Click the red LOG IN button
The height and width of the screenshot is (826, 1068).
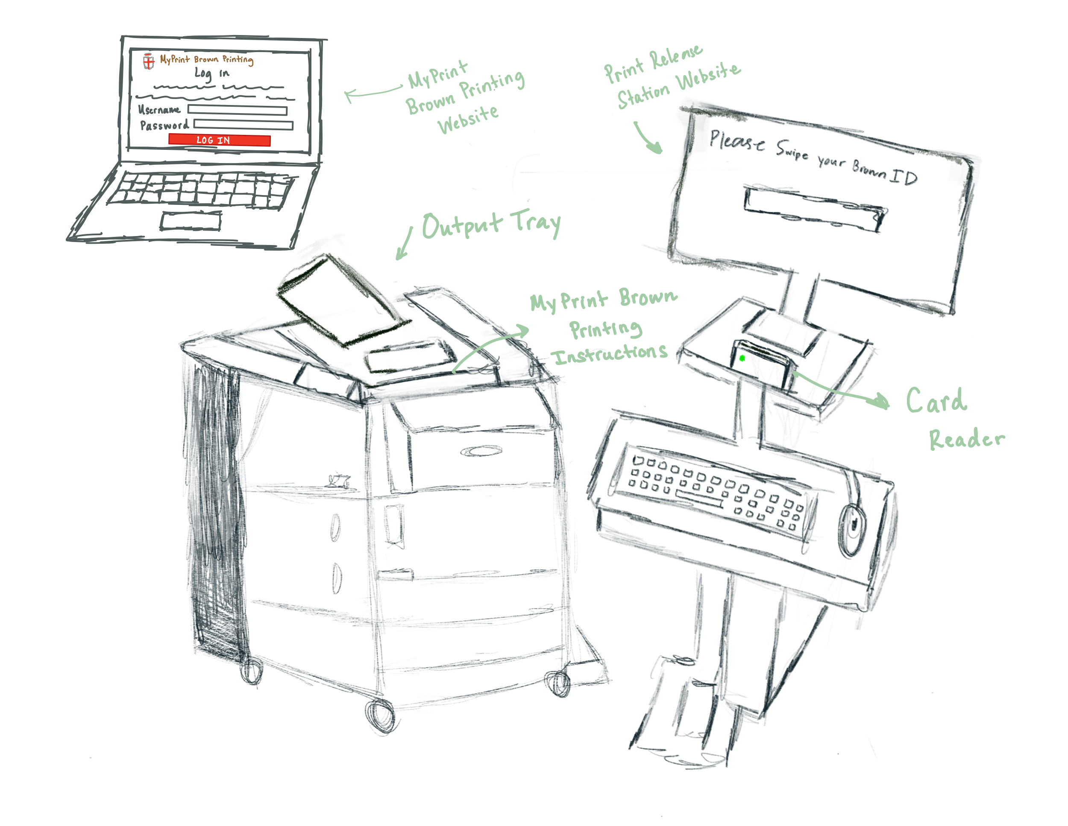[219, 140]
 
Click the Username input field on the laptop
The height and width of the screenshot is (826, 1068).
[237, 110]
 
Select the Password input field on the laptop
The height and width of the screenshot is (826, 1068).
[243, 125]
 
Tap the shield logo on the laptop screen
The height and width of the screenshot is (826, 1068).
[149, 61]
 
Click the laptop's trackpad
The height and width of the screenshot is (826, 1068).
[191, 221]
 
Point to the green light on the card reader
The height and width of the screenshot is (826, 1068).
[742, 358]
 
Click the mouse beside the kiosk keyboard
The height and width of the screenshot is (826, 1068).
[852, 530]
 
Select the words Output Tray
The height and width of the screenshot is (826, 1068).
[491, 225]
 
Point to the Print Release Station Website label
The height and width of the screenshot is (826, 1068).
[672, 78]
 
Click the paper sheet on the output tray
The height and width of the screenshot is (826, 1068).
[342, 301]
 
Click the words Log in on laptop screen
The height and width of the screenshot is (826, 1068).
[211, 74]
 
